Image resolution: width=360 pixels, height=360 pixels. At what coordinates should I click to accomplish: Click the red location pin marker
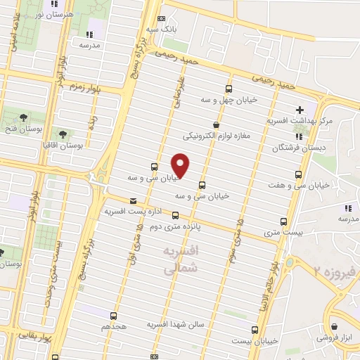click(181, 165)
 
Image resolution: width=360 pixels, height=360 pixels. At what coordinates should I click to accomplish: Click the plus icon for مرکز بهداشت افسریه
click(300, 110)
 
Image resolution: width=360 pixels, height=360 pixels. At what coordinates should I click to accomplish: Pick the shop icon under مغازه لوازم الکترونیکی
click(225, 124)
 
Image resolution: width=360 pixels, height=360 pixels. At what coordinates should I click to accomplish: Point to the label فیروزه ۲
click(337, 269)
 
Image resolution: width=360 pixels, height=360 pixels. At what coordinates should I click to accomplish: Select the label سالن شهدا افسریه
click(174, 324)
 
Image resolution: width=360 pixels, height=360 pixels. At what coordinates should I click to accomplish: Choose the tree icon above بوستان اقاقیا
click(63, 133)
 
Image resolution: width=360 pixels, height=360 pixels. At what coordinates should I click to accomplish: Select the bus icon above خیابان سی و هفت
click(300, 174)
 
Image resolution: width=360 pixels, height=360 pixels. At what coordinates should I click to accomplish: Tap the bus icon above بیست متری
click(284, 221)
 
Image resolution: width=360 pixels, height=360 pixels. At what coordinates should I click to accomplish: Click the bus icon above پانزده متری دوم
click(175, 216)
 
